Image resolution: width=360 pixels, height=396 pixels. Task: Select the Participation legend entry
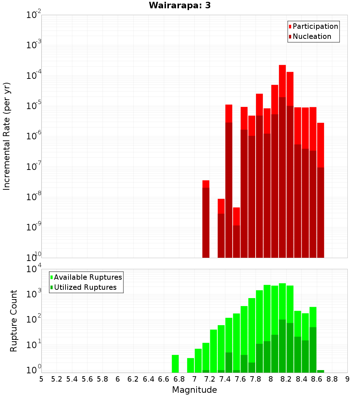click(x=313, y=26)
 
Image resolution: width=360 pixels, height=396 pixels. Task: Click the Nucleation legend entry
click(x=310, y=36)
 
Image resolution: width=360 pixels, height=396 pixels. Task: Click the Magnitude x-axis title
click(x=194, y=390)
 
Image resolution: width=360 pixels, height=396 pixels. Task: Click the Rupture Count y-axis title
click(x=14, y=320)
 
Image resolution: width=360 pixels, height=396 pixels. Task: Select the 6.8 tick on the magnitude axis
click(x=179, y=379)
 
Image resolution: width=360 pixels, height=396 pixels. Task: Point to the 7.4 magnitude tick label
click(x=225, y=379)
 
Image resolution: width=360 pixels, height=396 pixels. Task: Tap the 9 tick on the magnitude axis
click(x=347, y=379)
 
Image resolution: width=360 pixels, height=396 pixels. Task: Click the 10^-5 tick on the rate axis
click(x=34, y=106)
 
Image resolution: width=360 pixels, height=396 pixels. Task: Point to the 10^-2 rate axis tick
click(x=34, y=15)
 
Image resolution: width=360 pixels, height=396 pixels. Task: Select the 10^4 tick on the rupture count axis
click(x=35, y=270)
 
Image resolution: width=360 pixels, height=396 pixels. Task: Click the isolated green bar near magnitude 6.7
click(x=175, y=364)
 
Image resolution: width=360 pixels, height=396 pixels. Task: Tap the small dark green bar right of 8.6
click(x=320, y=371)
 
